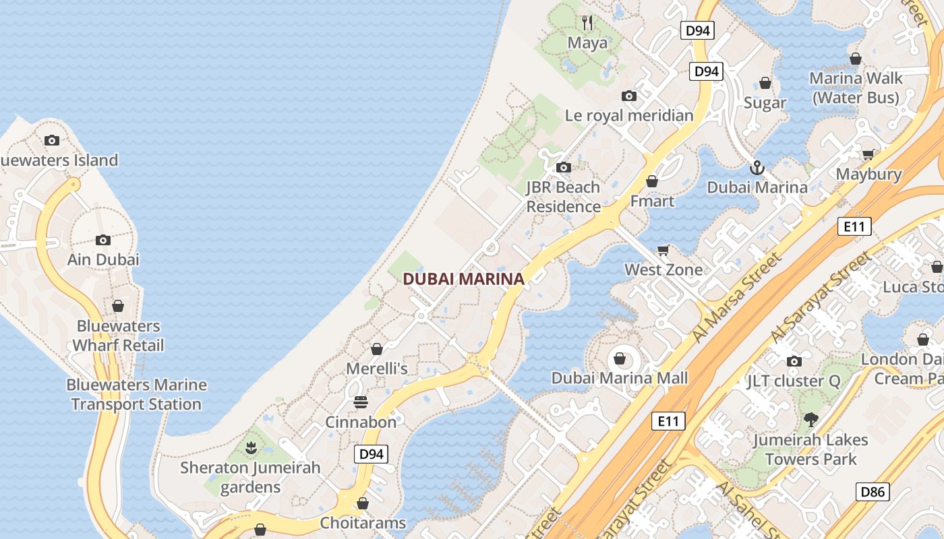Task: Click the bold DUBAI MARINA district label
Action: [x=463, y=279]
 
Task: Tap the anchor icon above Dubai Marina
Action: [x=757, y=167]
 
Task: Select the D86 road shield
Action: [x=872, y=492]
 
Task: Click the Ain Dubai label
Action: [x=103, y=259]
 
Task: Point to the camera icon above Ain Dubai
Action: [x=103, y=240]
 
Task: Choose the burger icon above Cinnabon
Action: [x=361, y=402]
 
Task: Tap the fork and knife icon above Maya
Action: [x=587, y=23]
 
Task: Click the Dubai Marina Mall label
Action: [x=620, y=378]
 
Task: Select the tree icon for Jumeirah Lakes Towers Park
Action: [x=810, y=420]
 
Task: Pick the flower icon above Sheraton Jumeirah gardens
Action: [x=251, y=447]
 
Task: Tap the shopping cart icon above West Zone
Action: [x=663, y=250]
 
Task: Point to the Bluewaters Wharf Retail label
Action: [x=118, y=336]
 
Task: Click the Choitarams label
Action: [x=363, y=523]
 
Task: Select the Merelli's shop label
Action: [x=377, y=369]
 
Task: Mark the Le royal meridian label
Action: [x=629, y=115]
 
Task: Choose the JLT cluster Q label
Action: [x=794, y=381]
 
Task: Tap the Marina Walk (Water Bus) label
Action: [x=855, y=88]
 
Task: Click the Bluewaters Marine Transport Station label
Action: [x=136, y=394]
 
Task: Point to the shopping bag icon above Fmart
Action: [x=651, y=181]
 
